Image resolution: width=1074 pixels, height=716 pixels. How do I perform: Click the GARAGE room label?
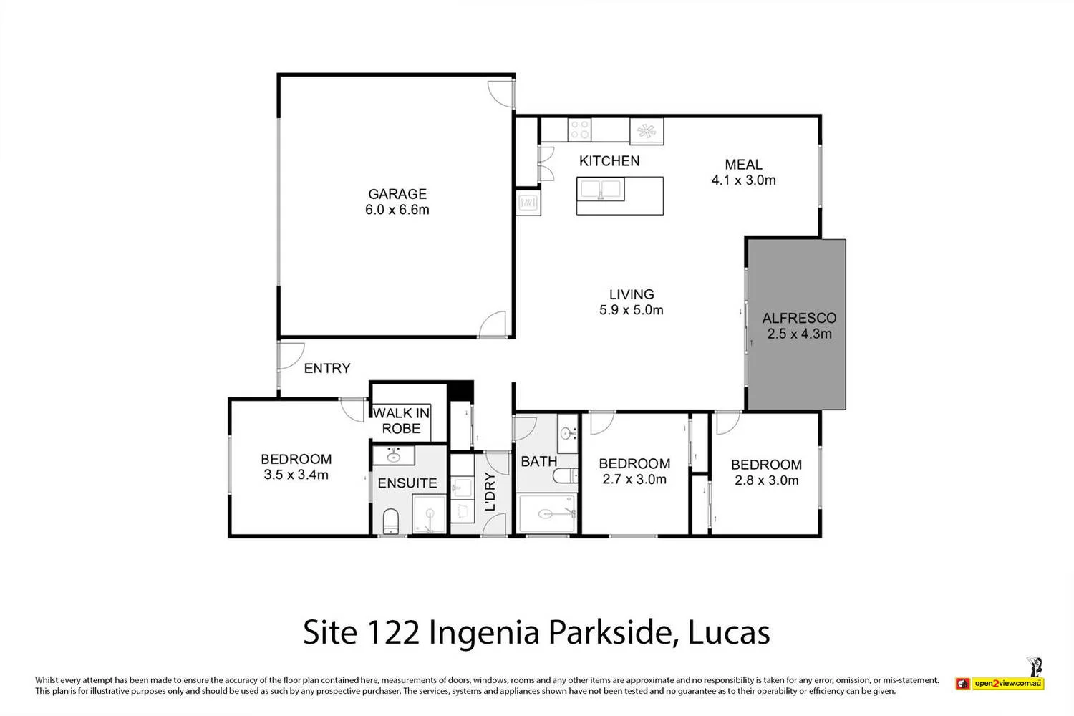click(397, 194)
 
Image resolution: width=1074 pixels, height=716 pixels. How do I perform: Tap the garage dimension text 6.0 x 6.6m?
click(397, 210)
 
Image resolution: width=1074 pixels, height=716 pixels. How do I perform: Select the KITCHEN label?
click(609, 161)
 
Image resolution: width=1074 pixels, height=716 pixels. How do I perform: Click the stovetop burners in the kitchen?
click(579, 130)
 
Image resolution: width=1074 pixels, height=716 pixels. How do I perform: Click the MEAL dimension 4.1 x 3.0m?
click(743, 180)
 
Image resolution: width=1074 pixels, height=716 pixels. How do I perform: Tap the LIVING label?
click(631, 294)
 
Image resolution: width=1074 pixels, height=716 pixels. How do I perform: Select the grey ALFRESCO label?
click(799, 318)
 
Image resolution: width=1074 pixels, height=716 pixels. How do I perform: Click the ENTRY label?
click(327, 368)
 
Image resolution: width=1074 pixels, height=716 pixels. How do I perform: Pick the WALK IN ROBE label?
click(401, 421)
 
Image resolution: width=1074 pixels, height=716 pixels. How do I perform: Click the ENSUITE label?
click(407, 483)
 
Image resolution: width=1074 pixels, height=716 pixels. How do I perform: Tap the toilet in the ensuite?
click(391, 521)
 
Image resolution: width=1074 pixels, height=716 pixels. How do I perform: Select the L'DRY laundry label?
click(490, 491)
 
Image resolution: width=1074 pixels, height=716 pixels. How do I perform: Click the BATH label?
click(538, 462)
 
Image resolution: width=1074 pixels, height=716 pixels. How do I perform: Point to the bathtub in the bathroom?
click(546, 514)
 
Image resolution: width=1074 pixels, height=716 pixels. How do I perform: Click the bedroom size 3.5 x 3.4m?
click(296, 475)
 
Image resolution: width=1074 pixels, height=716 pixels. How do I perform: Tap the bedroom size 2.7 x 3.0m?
click(634, 480)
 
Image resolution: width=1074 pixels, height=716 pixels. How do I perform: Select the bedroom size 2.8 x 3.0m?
click(766, 480)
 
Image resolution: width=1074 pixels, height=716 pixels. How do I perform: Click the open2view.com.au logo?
click(1007, 684)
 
